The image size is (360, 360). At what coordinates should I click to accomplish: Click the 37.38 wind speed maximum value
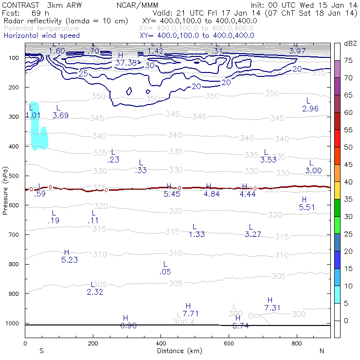(126, 63)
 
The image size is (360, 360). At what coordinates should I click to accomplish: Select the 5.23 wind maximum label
(70, 260)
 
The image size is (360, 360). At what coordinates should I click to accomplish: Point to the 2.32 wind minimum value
(95, 292)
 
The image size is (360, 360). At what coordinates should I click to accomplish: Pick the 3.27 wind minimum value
(253, 234)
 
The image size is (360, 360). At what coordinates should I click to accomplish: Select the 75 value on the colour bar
(348, 60)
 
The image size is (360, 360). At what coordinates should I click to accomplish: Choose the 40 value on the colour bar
(348, 182)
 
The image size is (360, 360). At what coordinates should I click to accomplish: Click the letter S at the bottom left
(41, 351)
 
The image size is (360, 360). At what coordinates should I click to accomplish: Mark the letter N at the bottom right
(322, 351)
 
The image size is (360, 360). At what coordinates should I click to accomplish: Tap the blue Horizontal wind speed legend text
(48, 36)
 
